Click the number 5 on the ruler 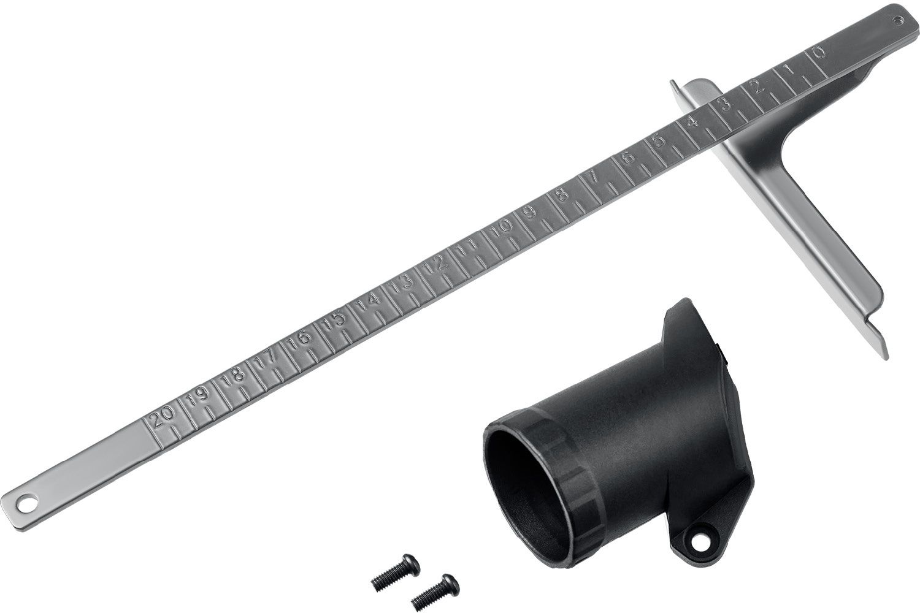[x=659, y=140]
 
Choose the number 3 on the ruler [x=726, y=105]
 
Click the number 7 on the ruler [x=594, y=177]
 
